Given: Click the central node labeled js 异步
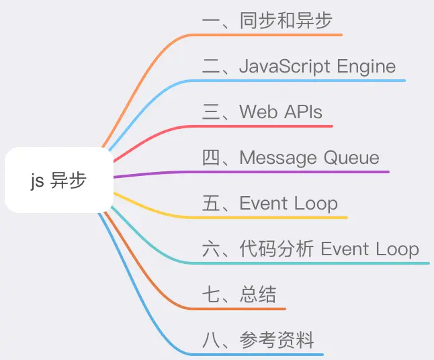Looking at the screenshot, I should pos(59,181).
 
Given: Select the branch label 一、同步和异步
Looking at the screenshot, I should pos(267,21).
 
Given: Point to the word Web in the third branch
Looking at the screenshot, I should pos(259,111).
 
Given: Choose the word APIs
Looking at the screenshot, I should pos(303,111).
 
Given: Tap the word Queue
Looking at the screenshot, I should pos(351,158).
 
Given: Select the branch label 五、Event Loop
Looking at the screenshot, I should pos(270,203).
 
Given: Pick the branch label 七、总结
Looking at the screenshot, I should pos(239,294).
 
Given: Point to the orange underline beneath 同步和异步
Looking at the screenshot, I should pos(282,34).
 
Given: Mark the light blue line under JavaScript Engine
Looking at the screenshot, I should pos(302,81).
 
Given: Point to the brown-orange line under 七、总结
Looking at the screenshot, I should pos(242,309).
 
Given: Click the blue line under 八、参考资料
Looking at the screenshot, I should pos(262,354).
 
